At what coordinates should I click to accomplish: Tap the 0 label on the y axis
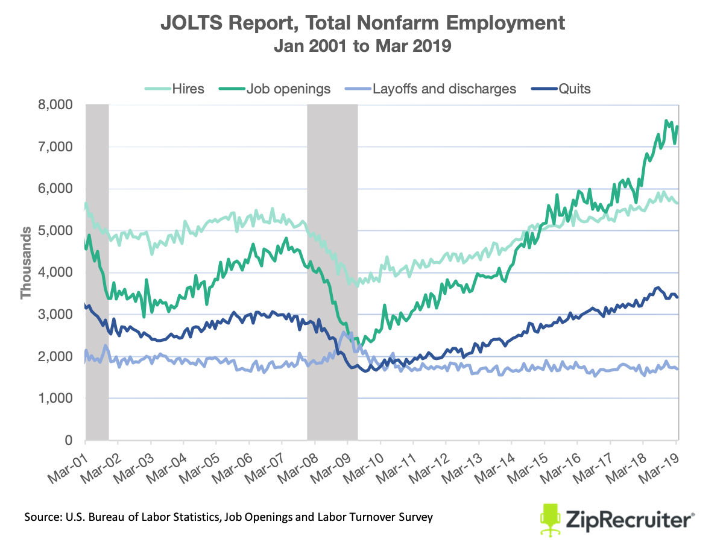click(x=68, y=441)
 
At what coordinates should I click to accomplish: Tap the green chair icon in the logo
click(x=550, y=517)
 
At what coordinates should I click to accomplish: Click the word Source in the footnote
click(x=43, y=517)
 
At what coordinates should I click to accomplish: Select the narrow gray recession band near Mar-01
click(x=96, y=271)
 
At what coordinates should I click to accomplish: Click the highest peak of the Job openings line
click(x=666, y=121)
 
